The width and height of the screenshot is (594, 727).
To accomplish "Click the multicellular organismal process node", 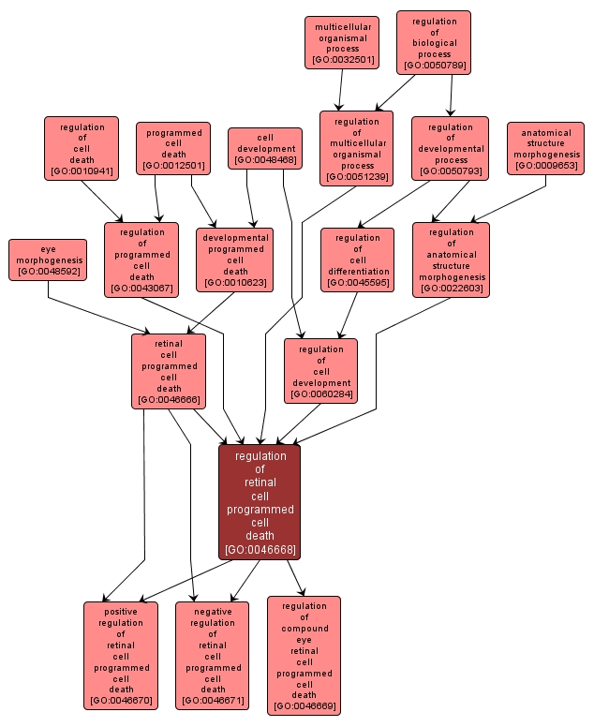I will coord(341,43).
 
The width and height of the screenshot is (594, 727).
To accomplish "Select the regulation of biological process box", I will coord(434,42).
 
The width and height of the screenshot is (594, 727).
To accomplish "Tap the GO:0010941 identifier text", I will coord(82,171).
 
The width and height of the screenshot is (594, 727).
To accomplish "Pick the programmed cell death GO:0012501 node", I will coord(173,148).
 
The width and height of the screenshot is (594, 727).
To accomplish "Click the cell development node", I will coord(265,148).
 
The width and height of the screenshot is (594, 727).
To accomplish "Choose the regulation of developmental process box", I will coord(450,148).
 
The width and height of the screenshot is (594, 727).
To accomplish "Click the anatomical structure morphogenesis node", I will coord(546,148).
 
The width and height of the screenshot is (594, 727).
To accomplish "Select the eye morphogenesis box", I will coord(48,260).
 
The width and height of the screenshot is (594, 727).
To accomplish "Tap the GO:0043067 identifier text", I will coord(141,289).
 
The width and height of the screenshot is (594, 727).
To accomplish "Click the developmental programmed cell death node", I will coord(235,260).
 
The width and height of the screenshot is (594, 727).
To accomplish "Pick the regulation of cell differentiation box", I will coord(357,260).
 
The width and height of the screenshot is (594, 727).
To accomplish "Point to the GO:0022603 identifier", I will coord(451,289).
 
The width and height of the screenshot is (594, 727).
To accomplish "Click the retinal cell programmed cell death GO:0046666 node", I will coord(169,371).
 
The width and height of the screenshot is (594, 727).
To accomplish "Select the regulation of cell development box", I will coord(320,371).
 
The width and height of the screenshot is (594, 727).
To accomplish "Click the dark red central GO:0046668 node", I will coord(260,501).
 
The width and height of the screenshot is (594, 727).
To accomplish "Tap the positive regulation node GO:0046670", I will coord(121,655).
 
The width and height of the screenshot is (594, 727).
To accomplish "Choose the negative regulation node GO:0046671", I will coord(213,655).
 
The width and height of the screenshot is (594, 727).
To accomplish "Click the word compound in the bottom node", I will coord(304,628).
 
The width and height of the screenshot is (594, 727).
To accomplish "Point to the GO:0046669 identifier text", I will coord(304,706).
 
